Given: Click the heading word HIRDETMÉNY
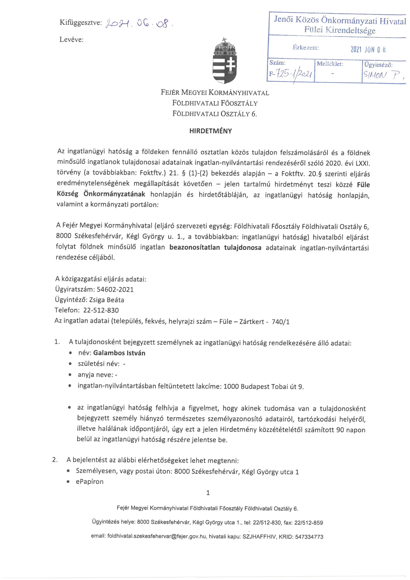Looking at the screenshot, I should coord(211,131).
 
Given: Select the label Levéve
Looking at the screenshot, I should coord(71,40).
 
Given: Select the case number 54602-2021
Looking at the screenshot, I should coord(115,289).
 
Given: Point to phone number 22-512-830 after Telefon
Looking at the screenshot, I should coord(101,310).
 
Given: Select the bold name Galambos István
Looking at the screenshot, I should coord(119,353).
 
